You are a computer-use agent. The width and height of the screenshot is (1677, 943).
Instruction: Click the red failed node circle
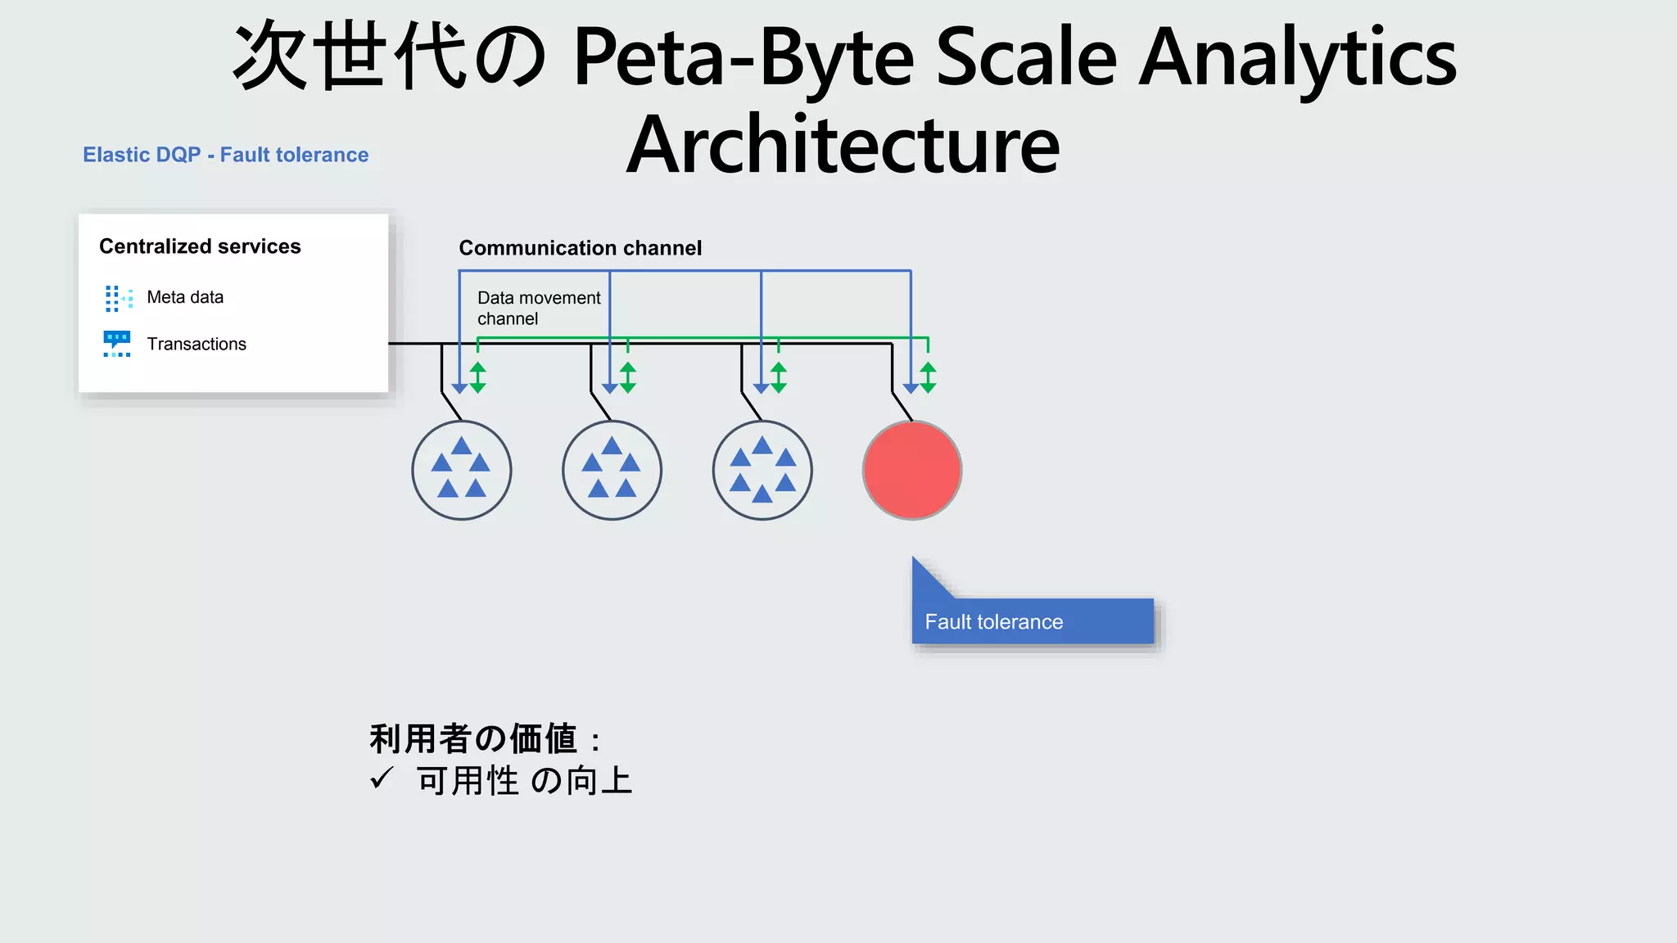click(911, 470)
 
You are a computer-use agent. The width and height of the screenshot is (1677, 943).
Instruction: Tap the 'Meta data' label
click(185, 297)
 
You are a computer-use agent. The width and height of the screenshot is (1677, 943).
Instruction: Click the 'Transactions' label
click(197, 344)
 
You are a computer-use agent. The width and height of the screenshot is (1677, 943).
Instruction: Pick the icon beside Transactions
click(117, 344)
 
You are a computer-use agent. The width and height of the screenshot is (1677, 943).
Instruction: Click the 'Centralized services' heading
click(200, 246)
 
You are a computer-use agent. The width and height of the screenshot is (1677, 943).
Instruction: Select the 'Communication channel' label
click(580, 248)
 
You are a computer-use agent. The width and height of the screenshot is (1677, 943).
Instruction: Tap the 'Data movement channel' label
click(538, 308)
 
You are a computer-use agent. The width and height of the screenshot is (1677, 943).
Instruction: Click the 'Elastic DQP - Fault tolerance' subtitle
click(226, 155)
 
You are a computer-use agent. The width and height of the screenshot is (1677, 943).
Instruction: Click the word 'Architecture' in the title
click(843, 146)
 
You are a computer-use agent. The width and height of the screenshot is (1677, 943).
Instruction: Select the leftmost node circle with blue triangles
click(461, 470)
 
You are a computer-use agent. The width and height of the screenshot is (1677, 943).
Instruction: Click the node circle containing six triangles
click(762, 470)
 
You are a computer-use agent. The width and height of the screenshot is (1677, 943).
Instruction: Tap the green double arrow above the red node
click(928, 377)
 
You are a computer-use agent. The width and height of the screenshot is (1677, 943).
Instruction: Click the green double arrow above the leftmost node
click(477, 377)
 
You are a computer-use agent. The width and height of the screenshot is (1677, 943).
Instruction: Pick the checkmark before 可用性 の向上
click(382, 778)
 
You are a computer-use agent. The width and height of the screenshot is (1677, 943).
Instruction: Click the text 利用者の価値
click(473, 738)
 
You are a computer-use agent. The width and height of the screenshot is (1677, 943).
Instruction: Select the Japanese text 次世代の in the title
click(390, 57)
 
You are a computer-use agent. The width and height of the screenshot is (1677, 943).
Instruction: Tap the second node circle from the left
click(612, 470)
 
